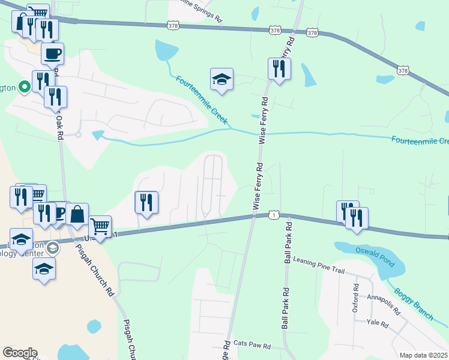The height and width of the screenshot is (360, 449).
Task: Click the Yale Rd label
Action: pyautogui.click(x=378, y=323)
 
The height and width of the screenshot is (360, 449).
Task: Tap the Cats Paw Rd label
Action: pyautogui.click(x=252, y=346)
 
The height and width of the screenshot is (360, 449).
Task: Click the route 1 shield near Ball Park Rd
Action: pyautogui.click(x=274, y=214)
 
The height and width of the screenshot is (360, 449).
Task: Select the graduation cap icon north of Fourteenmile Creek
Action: pyautogui.click(x=221, y=79)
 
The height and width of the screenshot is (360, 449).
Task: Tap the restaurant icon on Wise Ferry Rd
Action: pyautogui.click(x=279, y=68)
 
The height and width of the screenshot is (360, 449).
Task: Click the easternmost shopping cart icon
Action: pyautogui.click(x=100, y=227)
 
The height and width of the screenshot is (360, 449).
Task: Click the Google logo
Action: pyautogui.click(x=20, y=353)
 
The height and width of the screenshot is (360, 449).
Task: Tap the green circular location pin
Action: pyautogui.click(x=25, y=88)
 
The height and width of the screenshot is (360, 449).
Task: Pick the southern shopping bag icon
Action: pyautogui.click(x=77, y=214)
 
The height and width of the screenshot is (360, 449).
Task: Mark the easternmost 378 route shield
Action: pyautogui.click(x=402, y=71)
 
